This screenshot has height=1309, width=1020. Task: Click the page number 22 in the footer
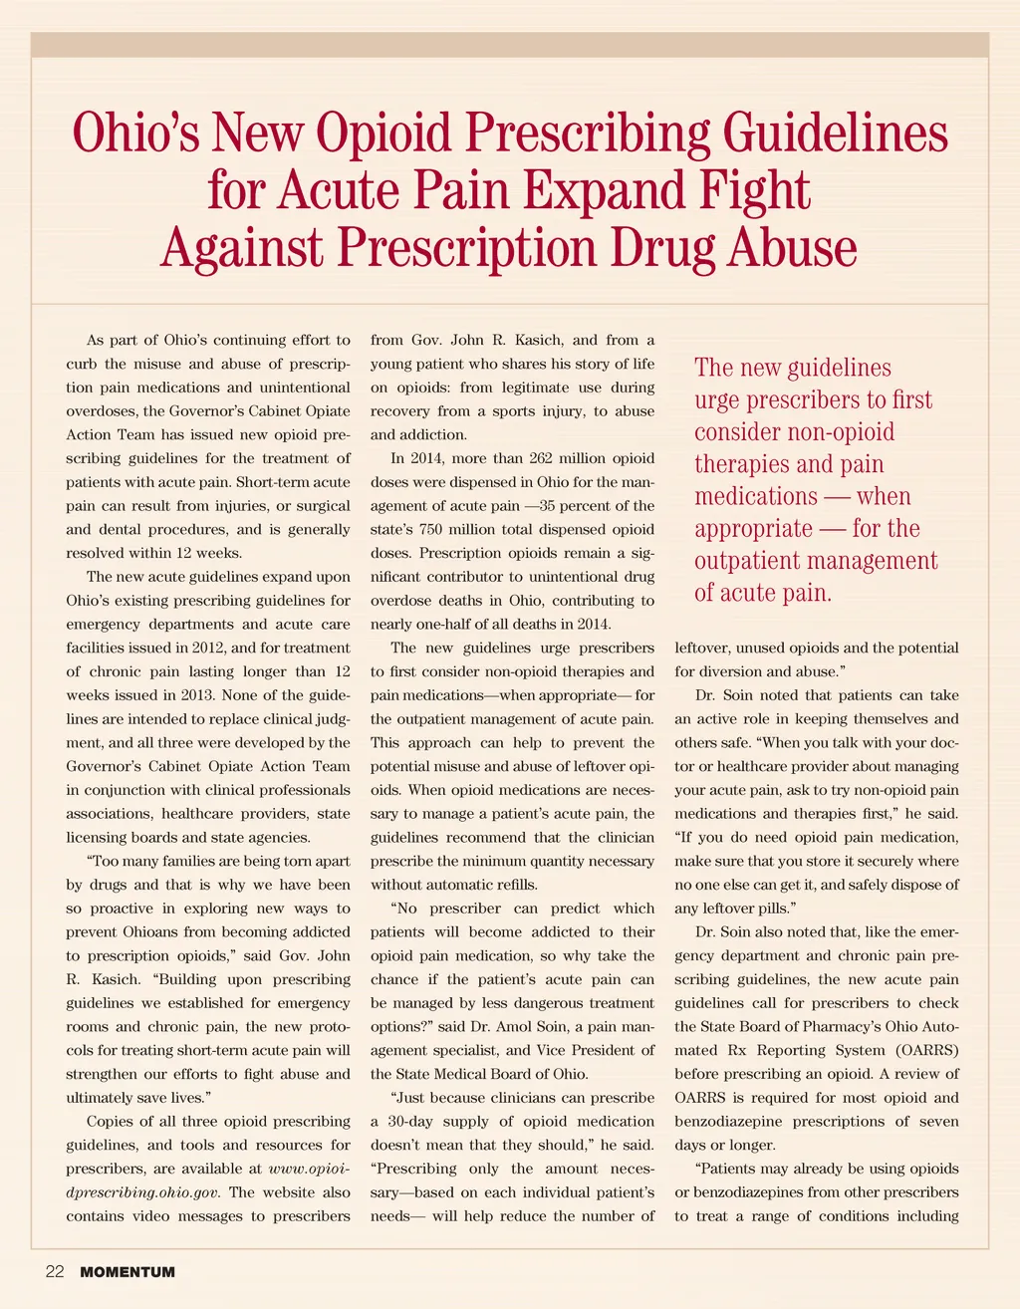(55, 1272)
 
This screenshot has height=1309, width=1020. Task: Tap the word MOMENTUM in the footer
(127, 1272)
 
